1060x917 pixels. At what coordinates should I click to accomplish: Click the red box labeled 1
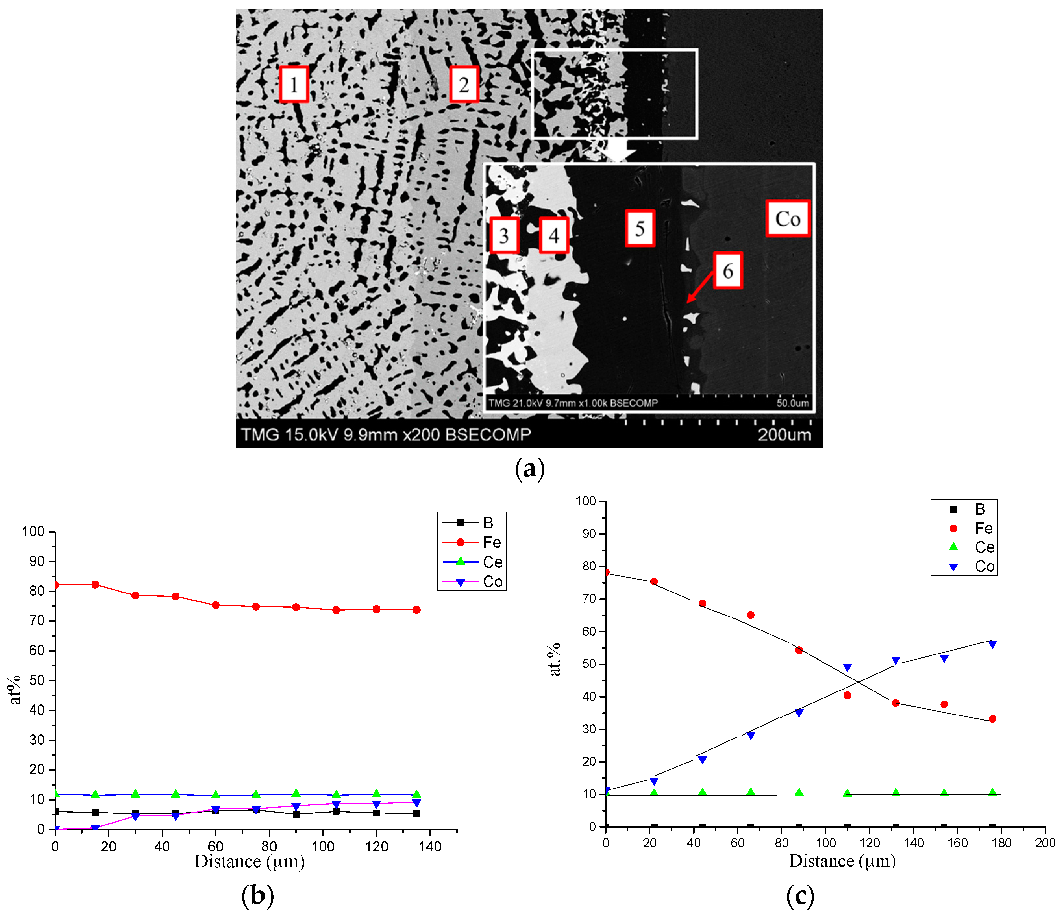coord(294,84)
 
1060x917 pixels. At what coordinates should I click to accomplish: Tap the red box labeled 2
coord(464,84)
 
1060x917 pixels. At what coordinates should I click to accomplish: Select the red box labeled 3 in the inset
coord(504,235)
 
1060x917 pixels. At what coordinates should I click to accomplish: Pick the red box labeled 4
coord(554,235)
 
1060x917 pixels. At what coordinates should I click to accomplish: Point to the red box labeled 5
coord(640,228)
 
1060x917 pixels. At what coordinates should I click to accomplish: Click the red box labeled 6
coord(727,271)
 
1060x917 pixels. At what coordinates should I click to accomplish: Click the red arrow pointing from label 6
coord(700,288)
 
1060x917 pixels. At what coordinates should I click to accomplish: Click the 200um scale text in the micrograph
coord(784,435)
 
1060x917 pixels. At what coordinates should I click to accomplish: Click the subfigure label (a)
coord(530,468)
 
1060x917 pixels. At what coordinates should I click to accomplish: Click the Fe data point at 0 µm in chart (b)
coord(55,585)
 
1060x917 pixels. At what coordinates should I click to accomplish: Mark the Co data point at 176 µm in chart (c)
coord(992,645)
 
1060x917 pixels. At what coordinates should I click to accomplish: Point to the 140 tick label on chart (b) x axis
coord(430,847)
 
